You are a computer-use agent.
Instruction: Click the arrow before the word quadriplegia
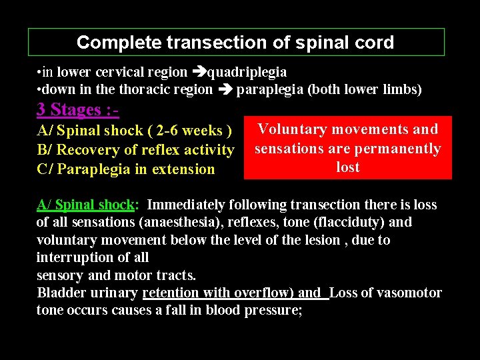199,72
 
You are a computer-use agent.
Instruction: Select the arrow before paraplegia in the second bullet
225,89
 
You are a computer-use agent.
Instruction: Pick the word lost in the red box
348,167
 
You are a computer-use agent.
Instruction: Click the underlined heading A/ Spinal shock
87,205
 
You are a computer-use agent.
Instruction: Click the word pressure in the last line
269,310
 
